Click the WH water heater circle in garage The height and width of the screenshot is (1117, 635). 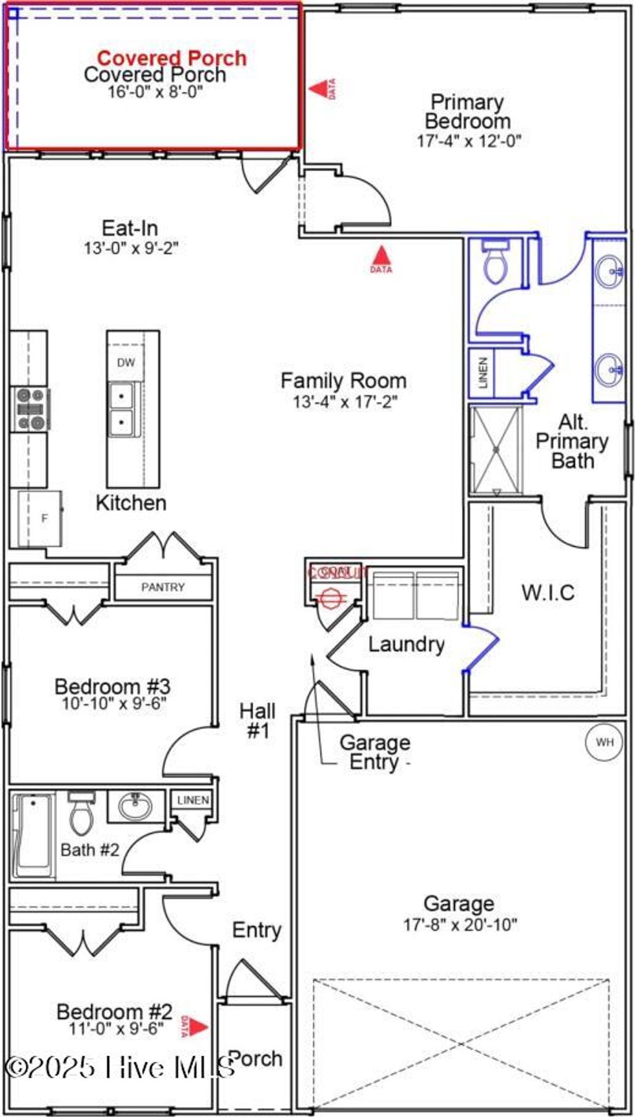tap(604, 742)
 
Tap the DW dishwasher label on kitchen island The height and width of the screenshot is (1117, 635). tap(126, 363)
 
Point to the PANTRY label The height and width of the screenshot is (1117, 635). tap(162, 587)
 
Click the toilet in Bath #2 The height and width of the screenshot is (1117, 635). tap(81, 814)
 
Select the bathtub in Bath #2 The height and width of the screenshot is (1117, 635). tap(33, 835)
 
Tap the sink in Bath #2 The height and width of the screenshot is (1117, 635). tap(136, 807)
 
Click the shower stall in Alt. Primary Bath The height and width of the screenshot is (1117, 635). tap(496, 449)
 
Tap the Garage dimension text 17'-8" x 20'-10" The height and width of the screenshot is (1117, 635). tap(460, 925)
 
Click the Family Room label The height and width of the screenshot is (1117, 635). tap(344, 380)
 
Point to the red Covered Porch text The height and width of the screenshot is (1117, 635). tap(172, 58)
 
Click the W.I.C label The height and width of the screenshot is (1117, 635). tap(548, 592)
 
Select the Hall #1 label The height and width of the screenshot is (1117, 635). tap(257, 721)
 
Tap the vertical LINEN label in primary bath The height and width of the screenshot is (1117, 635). tap(483, 372)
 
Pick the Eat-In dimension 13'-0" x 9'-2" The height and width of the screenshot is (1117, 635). tap(131, 248)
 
